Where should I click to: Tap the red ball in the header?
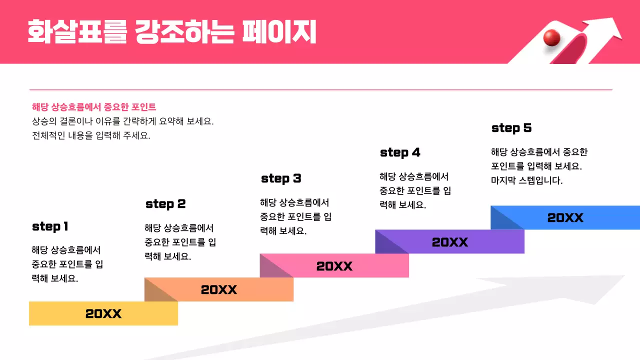click(x=552, y=37)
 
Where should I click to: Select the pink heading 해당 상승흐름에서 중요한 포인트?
click(x=94, y=107)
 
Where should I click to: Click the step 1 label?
click(x=50, y=226)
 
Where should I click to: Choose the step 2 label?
click(x=165, y=204)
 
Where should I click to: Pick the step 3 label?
click(x=281, y=178)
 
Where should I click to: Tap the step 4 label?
click(x=400, y=152)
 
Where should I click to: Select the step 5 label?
click(x=511, y=128)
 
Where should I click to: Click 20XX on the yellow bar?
click(x=103, y=314)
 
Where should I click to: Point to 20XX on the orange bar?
click(x=219, y=290)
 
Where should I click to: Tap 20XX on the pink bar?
click(x=334, y=266)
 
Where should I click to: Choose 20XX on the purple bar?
click(x=450, y=242)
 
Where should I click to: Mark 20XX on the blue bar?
click(x=565, y=218)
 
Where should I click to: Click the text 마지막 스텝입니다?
click(x=526, y=181)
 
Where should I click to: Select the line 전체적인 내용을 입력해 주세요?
click(x=91, y=135)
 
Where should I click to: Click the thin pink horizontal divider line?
click(x=320, y=89)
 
